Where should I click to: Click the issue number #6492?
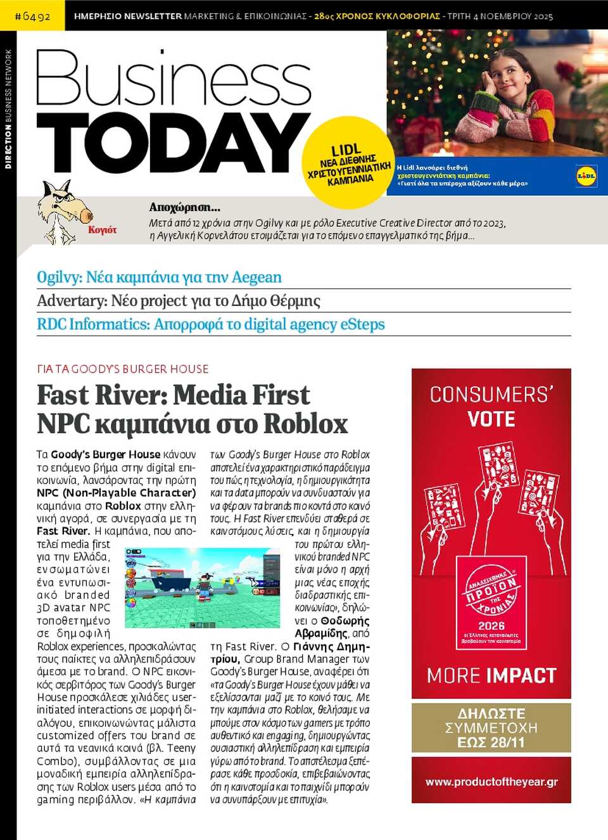point(32,16)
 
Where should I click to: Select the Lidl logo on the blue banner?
point(586,176)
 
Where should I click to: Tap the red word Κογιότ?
point(103,230)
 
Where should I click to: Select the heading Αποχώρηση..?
point(184,207)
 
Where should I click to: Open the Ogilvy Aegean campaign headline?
point(159,277)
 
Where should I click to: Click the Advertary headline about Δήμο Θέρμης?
point(179,301)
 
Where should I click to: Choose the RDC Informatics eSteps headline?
point(211,324)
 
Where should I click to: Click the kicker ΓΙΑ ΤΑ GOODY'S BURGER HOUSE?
point(123,369)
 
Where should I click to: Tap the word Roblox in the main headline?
point(306,424)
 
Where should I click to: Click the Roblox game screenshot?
point(202,587)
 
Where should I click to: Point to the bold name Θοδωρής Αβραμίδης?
point(332,627)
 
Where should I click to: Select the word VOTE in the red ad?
point(491,419)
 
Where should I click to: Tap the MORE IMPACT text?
point(491,675)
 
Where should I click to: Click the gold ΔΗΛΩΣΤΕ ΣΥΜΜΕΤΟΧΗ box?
point(491,727)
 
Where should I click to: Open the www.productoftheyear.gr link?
point(491,782)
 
